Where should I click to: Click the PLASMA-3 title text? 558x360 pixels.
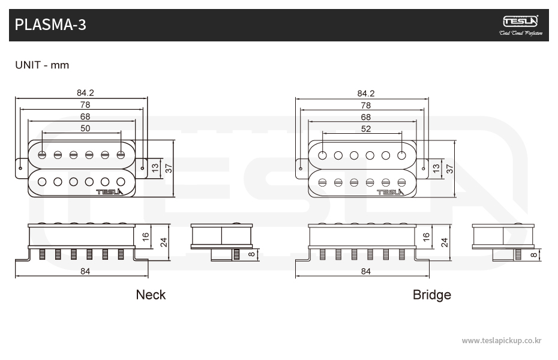50,25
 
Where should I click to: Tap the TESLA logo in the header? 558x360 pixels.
520,22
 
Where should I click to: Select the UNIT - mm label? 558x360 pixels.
42,65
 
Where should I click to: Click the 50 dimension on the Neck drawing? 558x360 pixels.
85,128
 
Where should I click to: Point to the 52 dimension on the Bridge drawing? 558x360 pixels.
366,128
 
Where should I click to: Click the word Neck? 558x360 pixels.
151,295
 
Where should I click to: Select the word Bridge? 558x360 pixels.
431,295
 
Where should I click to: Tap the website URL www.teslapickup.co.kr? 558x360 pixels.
502,340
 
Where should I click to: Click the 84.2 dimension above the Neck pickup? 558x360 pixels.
85,93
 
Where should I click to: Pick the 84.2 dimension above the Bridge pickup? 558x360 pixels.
366,93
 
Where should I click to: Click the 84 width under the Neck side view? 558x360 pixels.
85,271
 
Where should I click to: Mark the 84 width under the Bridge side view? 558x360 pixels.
366,271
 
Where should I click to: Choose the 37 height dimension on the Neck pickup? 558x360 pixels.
169,169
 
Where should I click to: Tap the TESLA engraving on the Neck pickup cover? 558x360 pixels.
109,192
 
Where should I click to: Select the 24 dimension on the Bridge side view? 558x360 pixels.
445,242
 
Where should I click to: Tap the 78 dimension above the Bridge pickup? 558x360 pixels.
366,105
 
